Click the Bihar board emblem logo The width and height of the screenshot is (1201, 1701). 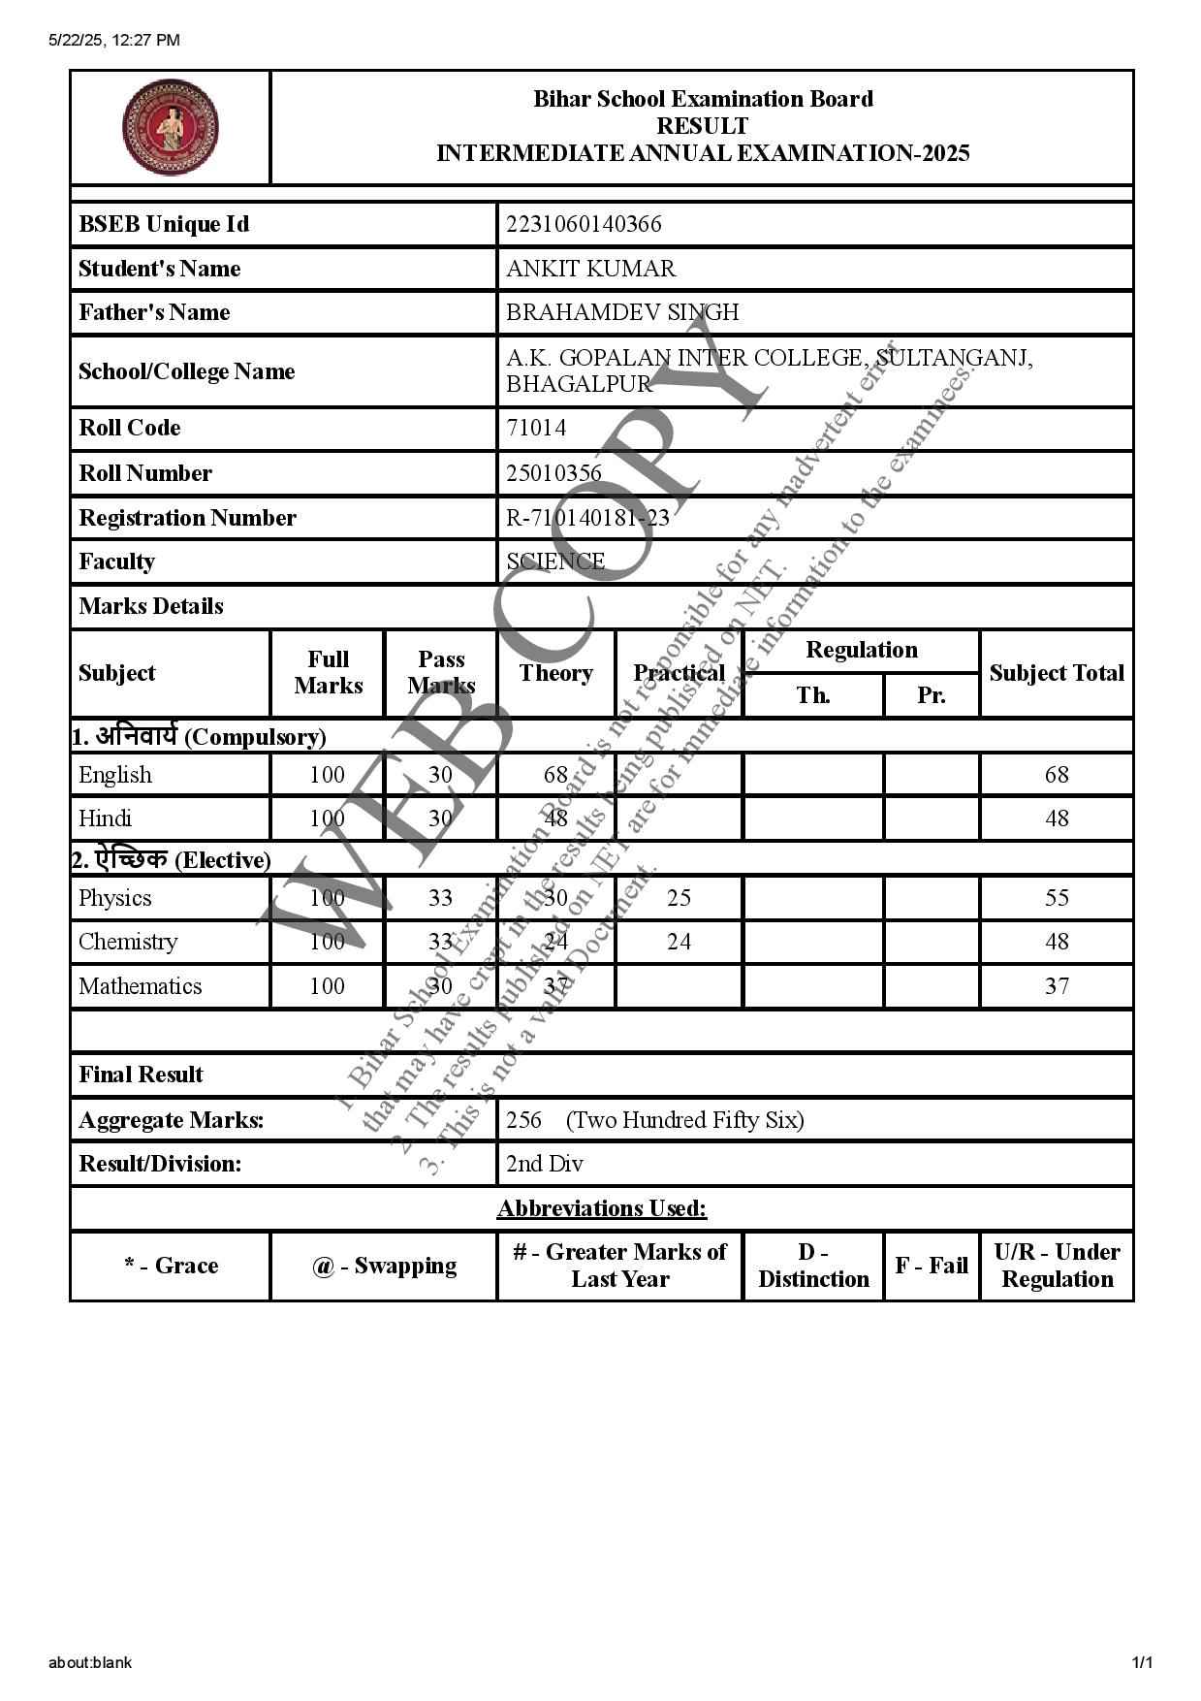tap(170, 127)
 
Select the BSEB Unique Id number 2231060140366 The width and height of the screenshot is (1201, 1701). tap(584, 224)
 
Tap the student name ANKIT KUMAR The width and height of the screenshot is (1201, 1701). tap(590, 269)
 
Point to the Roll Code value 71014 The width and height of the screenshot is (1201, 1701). tap(535, 428)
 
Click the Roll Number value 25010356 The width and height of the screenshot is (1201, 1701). tap(553, 473)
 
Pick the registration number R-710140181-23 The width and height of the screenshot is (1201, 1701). tap(587, 518)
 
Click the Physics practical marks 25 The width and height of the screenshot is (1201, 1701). tap(679, 898)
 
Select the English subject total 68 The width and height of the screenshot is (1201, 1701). tap(1057, 775)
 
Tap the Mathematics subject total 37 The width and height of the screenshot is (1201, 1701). tap(1057, 986)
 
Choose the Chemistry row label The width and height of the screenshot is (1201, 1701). tap(128, 942)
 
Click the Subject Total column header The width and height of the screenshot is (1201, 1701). tap(1057, 673)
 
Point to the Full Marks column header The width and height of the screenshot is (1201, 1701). tap(328, 672)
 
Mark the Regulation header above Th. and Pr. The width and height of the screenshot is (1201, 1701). tap(861, 650)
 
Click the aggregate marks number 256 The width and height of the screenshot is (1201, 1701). tap(523, 1120)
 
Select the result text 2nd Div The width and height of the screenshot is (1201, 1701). tap(544, 1164)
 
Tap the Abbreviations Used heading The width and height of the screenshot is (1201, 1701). tap(602, 1208)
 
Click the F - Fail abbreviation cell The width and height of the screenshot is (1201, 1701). tap(932, 1266)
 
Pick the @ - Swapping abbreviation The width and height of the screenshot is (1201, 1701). tap(384, 1266)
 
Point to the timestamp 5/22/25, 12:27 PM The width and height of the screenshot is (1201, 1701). tap(114, 40)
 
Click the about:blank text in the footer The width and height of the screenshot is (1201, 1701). tap(90, 1662)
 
